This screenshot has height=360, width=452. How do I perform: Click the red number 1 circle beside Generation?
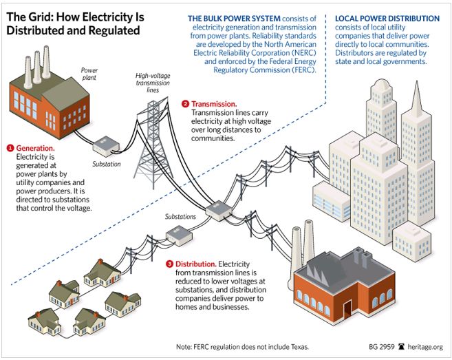[x=10, y=148]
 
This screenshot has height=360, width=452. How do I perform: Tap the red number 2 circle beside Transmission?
[x=185, y=104]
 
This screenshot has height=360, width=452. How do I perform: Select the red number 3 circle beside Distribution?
[x=169, y=264]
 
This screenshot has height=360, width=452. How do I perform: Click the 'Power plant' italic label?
[x=89, y=74]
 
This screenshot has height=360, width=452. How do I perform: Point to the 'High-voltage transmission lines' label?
[x=153, y=83]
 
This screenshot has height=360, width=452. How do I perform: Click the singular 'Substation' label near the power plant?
[x=107, y=164]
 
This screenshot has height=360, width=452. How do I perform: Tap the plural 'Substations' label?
[x=180, y=216]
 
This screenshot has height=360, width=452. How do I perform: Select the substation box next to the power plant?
[x=106, y=146]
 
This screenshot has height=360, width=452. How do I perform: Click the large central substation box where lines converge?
[x=219, y=211]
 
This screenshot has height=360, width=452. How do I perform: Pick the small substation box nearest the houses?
[x=179, y=235]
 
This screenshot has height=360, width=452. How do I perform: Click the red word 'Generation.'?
[x=36, y=148]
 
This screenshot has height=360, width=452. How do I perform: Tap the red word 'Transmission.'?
[x=214, y=104]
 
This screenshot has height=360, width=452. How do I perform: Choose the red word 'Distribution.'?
[x=196, y=264]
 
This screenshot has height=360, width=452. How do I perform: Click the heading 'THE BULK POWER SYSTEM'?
[x=234, y=19]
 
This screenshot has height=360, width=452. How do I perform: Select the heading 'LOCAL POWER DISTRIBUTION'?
[x=387, y=19]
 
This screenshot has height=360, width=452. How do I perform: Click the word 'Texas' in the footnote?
[x=299, y=347]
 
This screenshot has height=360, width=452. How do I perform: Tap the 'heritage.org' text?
[x=425, y=347]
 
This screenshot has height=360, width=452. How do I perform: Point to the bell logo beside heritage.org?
[x=401, y=346]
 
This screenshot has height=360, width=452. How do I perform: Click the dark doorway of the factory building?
[x=347, y=310]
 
